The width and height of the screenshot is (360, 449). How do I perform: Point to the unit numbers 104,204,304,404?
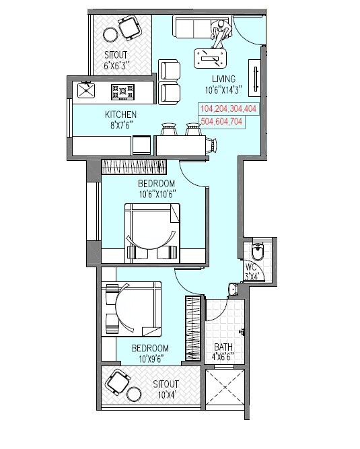(228, 108)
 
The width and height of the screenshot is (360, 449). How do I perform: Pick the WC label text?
(252, 267)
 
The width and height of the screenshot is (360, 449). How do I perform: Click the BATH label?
(223, 348)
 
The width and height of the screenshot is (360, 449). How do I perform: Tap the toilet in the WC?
(256, 251)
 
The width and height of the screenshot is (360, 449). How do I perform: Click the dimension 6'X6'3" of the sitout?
(116, 65)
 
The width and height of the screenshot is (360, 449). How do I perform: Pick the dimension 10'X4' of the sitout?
(164, 393)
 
